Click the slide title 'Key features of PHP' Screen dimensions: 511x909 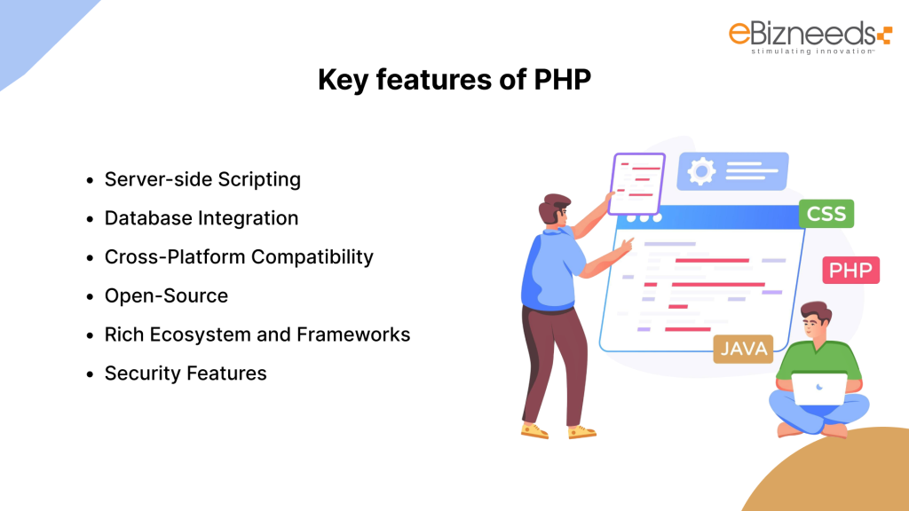pyautogui.click(x=454, y=80)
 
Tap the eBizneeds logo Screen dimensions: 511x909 pyautogui.click(x=808, y=35)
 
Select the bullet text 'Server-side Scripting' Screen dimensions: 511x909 pyautogui.click(x=202, y=179)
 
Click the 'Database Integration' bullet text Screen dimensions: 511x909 pyautogui.click(x=202, y=218)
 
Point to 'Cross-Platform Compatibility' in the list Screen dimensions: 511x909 pyautogui.click(x=239, y=257)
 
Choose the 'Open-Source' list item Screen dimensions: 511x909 pyautogui.click(x=166, y=296)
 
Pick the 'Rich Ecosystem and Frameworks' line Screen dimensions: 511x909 pyautogui.click(x=257, y=334)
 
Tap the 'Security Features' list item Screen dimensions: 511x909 pyautogui.click(x=186, y=373)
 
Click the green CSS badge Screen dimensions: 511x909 pyautogui.click(x=826, y=214)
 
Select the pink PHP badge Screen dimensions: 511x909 pyautogui.click(x=850, y=270)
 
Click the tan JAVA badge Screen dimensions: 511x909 pyautogui.click(x=743, y=349)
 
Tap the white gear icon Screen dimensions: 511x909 pyautogui.click(x=701, y=172)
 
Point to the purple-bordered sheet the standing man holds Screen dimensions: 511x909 pyautogui.click(x=636, y=183)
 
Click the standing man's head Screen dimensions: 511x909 pyautogui.click(x=556, y=212)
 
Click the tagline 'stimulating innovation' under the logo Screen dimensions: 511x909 pyautogui.click(x=800, y=51)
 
